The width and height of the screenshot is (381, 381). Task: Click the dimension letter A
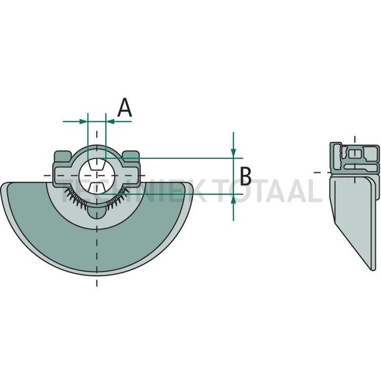[x=124, y=108]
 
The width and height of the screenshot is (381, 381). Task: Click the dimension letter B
[x=246, y=175]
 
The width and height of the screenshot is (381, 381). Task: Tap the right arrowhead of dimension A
[x=110, y=121]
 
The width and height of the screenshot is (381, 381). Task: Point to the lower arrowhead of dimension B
[x=233, y=198]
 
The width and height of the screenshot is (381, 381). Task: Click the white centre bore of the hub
[x=97, y=175]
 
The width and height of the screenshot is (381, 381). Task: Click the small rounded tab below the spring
[x=97, y=212]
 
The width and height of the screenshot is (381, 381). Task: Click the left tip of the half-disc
[x=3, y=186]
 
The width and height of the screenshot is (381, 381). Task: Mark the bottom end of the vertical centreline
[x=97, y=284]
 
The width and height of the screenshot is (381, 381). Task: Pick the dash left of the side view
[x=317, y=172]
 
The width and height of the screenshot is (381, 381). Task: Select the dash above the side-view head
[x=355, y=138]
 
